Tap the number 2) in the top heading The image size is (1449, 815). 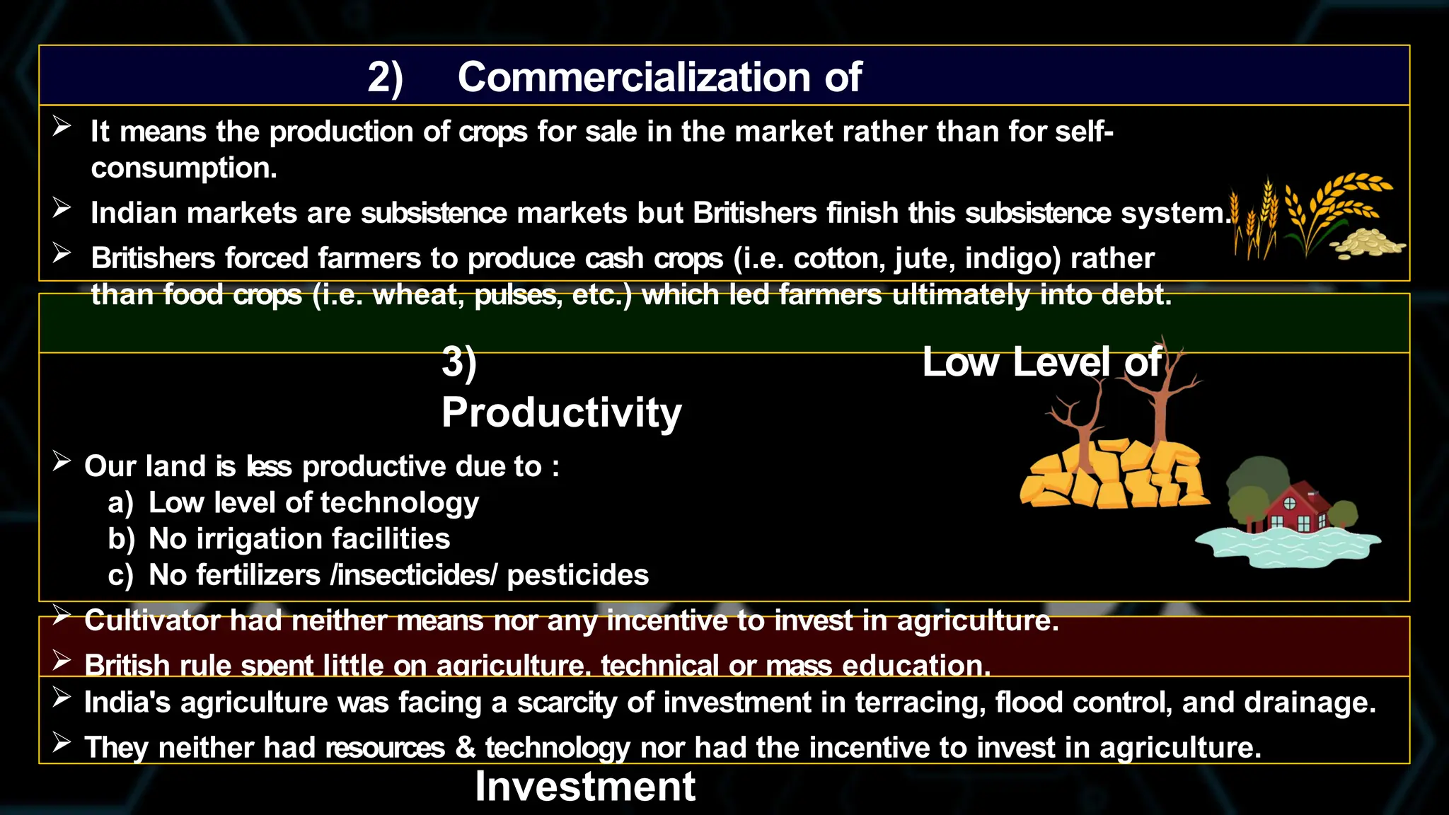point(385,78)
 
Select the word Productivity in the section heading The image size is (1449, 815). point(561,412)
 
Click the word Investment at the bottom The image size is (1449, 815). point(585,786)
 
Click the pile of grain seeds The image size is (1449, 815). point(1367,243)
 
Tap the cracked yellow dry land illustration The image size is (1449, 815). point(1112,474)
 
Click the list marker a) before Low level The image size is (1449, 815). point(121,503)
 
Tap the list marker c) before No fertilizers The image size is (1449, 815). point(121,576)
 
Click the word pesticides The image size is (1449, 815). point(577,576)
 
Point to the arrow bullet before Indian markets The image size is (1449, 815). point(62,208)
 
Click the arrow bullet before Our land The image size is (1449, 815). point(62,461)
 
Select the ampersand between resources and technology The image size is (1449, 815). point(465,748)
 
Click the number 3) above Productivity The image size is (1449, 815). point(459,362)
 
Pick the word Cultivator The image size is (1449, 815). point(151,620)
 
